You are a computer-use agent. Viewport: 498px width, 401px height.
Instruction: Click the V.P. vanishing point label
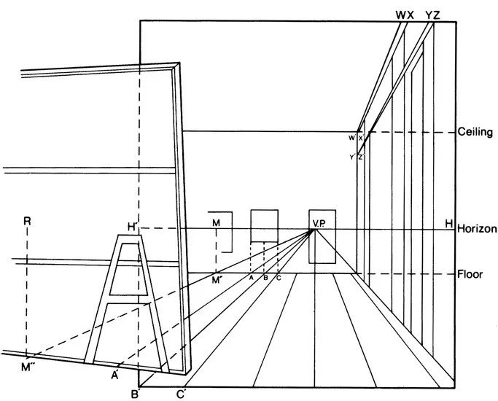tap(318, 222)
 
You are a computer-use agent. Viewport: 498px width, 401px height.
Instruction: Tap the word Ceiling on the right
tap(476, 132)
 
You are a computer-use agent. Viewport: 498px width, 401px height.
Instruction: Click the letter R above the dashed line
tap(27, 219)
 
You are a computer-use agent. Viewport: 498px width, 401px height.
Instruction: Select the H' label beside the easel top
tap(133, 227)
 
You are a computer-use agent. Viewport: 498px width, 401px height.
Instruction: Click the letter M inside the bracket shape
tap(216, 222)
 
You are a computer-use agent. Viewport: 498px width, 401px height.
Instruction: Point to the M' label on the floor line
tap(217, 279)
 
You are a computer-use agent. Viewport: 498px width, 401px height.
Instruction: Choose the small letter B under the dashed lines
tap(265, 279)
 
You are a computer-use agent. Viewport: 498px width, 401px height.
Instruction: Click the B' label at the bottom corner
tap(135, 394)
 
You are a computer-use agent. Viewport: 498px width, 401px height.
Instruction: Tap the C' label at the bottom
tap(180, 394)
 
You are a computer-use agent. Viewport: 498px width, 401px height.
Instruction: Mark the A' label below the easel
tap(115, 375)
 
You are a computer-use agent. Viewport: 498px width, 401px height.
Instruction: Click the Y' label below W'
tap(351, 157)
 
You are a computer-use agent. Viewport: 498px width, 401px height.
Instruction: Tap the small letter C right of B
tap(278, 279)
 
